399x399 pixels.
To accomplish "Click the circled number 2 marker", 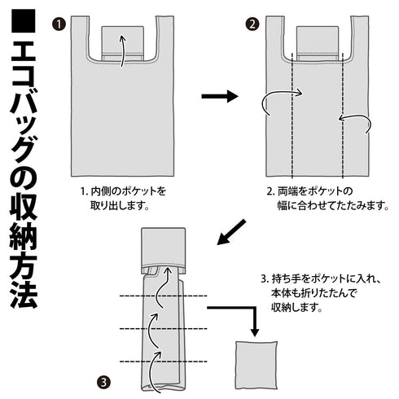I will (x=252, y=24).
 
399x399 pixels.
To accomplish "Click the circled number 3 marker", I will (x=103, y=380).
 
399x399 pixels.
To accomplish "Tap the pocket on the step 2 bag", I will (x=318, y=42).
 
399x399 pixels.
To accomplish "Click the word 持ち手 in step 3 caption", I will (x=288, y=278).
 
